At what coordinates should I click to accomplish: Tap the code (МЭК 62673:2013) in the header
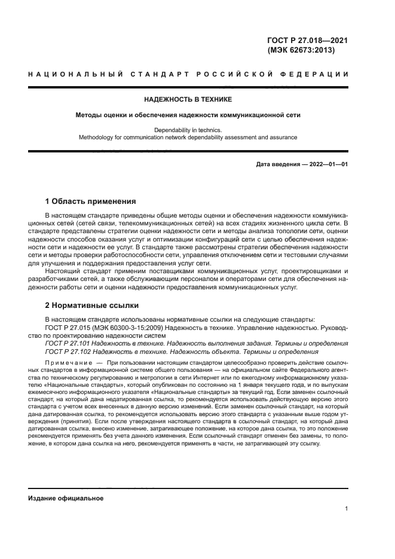[302, 51]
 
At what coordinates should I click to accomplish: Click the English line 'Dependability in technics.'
[187, 130]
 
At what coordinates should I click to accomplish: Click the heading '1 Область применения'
[90, 201]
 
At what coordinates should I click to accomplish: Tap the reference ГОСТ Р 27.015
[67, 328]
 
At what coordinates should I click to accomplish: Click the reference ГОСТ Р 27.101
[67, 344]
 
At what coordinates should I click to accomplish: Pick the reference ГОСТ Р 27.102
[67, 352]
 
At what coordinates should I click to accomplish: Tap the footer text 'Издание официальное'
[65, 498]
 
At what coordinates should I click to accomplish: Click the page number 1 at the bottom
[346, 509]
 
